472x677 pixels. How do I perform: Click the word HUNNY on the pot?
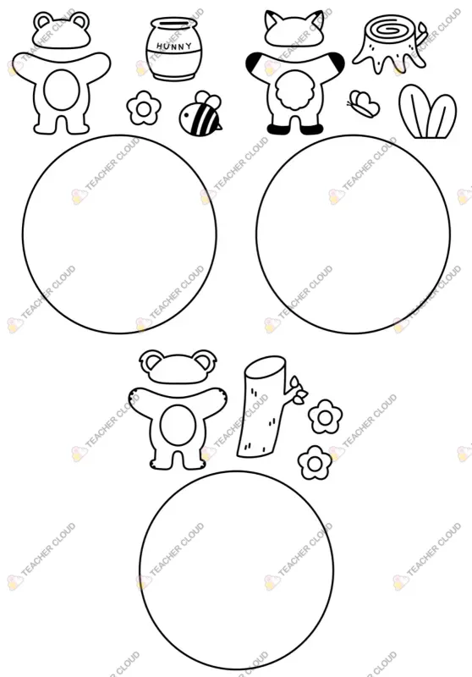coord(174,46)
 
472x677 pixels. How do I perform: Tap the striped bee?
coord(201,112)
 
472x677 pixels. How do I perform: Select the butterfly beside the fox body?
coord(364,104)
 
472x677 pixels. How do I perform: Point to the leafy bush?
coord(427,112)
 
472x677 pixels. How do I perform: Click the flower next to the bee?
coord(144,108)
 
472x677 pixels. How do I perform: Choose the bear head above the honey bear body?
coord(62,30)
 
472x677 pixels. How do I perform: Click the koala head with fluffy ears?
coord(177,366)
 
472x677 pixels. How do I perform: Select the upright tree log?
coord(262,406)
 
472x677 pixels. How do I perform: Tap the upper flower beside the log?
coord(326,416)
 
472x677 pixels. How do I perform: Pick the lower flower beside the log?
coord(315,463)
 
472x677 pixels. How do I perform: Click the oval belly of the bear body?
coord(62,91)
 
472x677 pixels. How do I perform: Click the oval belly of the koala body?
coord(177,427)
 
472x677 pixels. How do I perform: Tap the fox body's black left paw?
coord(253,63)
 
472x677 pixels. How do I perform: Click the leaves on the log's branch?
coord(299,391)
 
